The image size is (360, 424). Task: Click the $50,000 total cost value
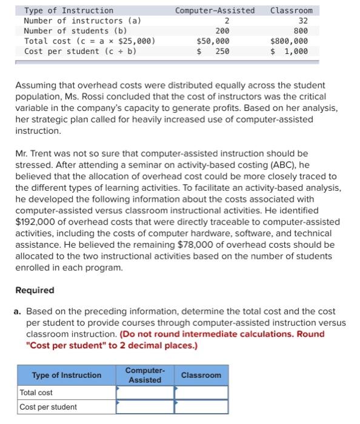click(213, 41)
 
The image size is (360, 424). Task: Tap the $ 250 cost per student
click(213, 51)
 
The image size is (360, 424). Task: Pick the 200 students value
click(222, 30)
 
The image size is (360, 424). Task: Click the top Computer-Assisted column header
click(215, 10)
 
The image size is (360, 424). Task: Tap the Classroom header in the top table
click(291, 10)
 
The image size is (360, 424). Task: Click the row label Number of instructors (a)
click(82, 20)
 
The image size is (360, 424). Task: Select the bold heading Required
click(35, 290)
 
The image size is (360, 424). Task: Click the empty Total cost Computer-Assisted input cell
click(145, 393)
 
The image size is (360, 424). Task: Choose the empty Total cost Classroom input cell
click(201, 393)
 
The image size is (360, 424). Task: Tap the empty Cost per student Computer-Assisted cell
click(145, 407)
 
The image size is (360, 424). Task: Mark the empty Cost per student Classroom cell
click(201, 407)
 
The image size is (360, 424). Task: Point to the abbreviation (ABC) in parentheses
click(273, 165)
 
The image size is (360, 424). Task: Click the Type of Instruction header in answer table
click(67, 376)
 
